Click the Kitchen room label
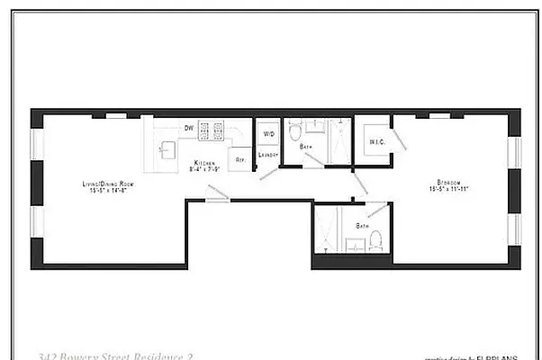click(x=201, y=162)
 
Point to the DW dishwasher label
click(x=189, y=129)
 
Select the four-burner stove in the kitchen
click(x=210, y=132)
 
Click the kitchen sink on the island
click(x=167, y=150)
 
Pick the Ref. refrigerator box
click(x=239, y=159)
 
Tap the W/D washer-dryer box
click(x=268, y=134)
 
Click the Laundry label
click(x=268, y=155)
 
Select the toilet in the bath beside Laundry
click(x=295, y=132)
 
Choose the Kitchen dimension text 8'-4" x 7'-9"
click(x=202, y=168)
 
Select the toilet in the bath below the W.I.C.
click(x=377, y=239)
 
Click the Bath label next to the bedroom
click(x=362, y=225)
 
